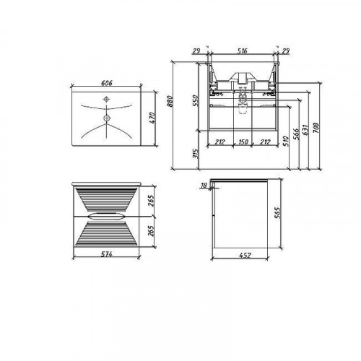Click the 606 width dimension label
107,83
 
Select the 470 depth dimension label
152,118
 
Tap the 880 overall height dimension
170,101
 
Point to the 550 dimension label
196,101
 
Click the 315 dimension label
196,154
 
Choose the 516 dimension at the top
242,51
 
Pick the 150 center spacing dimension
243,142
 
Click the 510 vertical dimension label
286,141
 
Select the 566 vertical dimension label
296,134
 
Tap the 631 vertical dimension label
305,130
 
